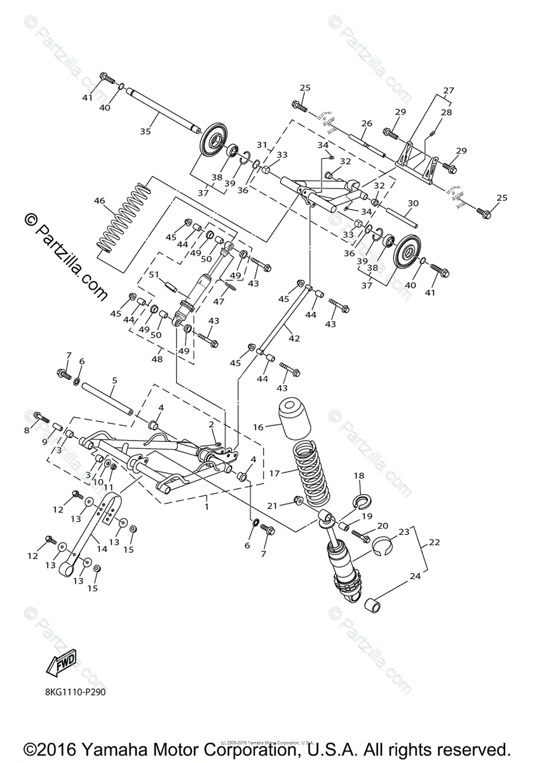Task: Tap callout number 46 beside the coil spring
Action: pos(99,201)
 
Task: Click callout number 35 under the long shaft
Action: pos(146,132)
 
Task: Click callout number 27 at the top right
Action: pos(449,90)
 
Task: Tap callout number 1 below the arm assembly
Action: pos(205,506)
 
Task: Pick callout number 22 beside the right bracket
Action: pos(434,542)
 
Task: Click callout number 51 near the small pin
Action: pos(154,275)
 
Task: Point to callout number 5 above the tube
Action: pos(114,380)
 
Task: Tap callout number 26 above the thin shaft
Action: pos(366,123)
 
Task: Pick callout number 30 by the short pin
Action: pos(413,203)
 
